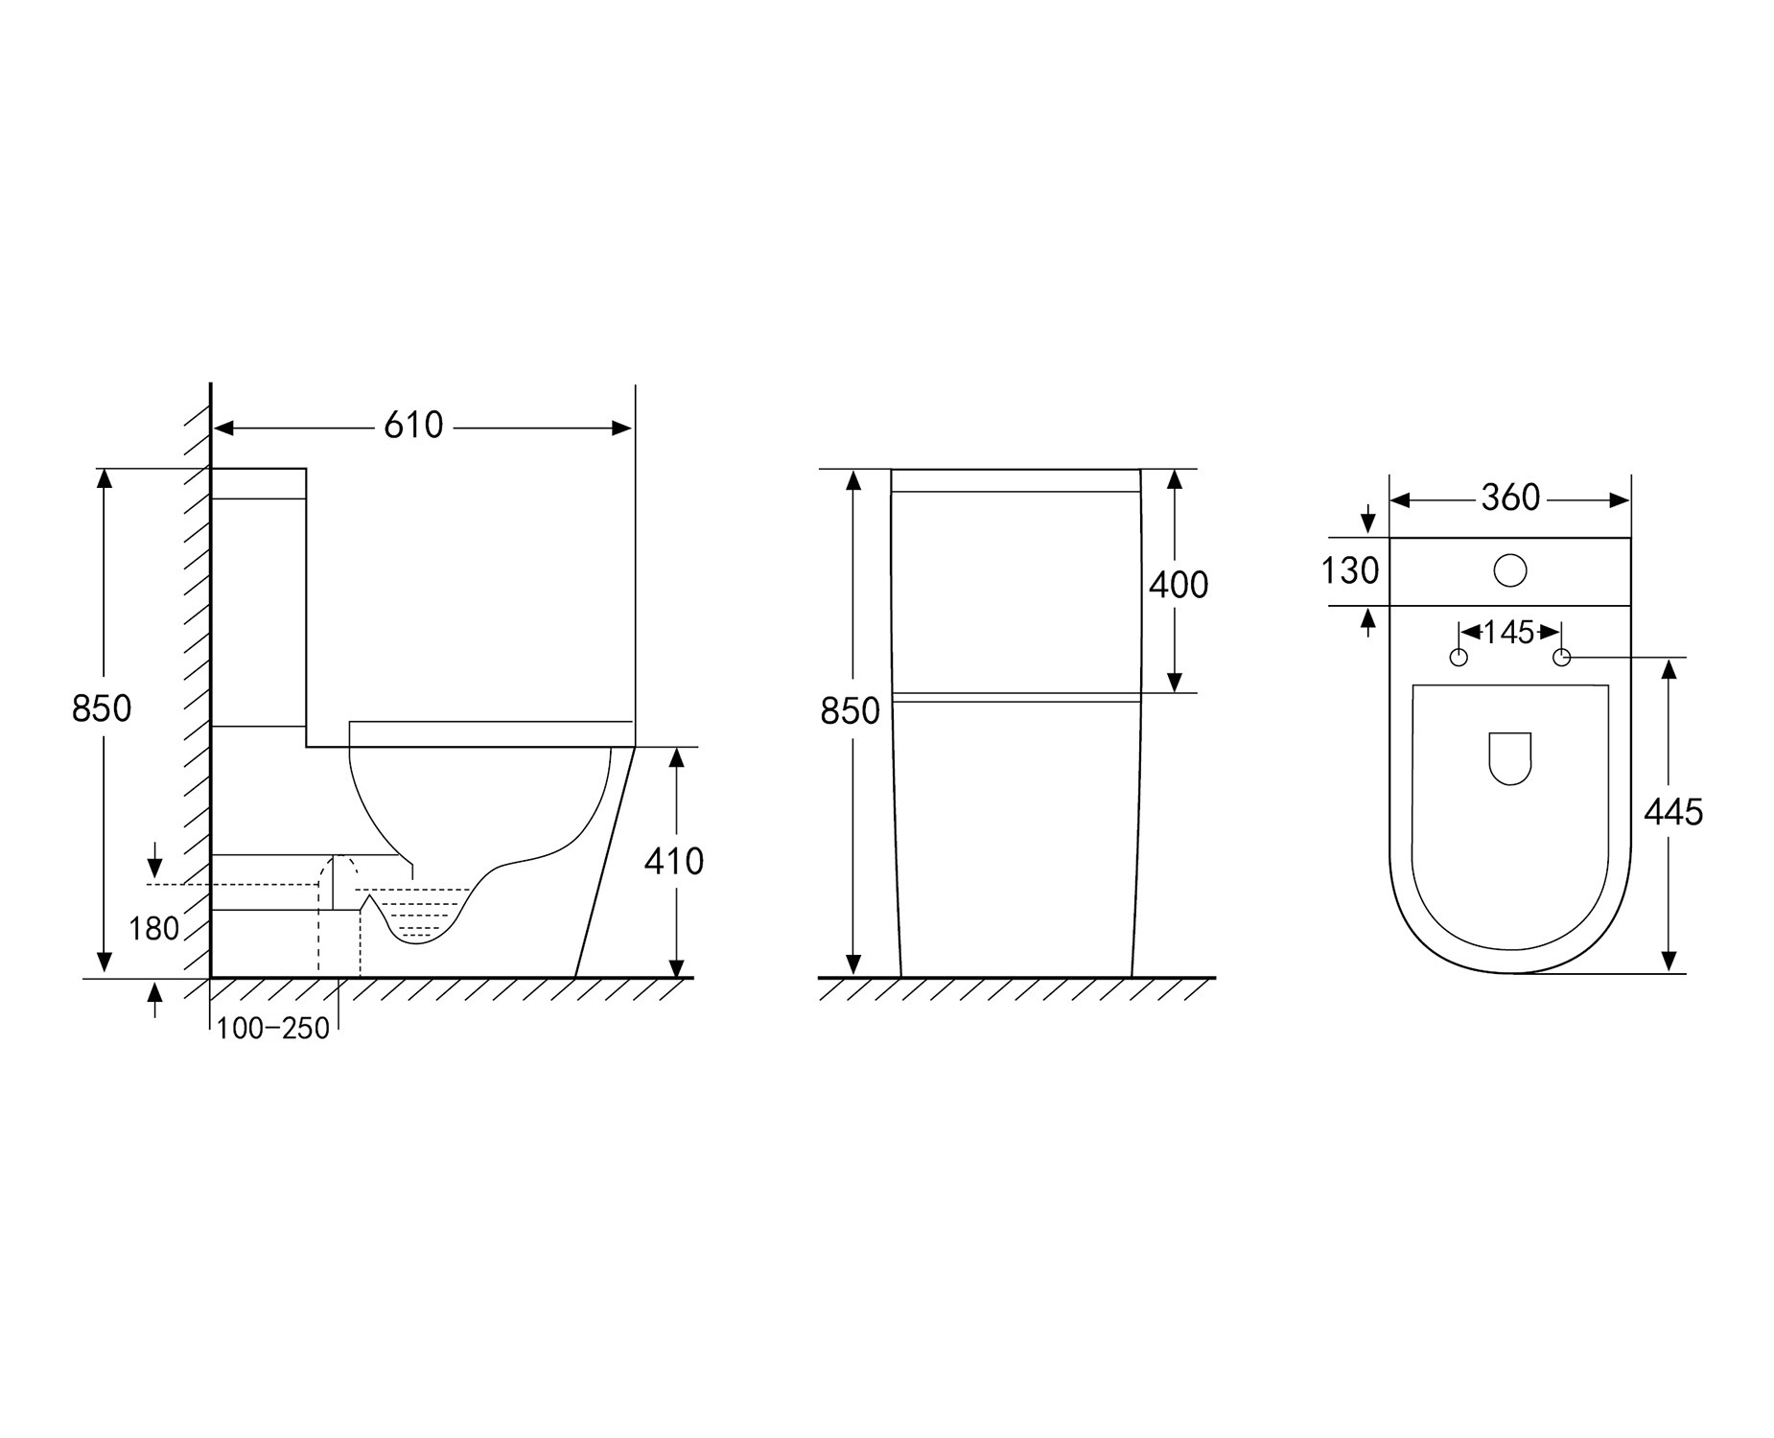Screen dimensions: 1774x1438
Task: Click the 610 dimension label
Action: pos(413,426)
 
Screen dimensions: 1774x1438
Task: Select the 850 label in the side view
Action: pos(102,708)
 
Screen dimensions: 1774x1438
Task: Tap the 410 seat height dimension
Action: pos(674,862)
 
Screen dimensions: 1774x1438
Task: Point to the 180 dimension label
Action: pos(154,928)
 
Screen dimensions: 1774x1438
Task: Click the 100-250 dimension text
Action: pos(273,1029)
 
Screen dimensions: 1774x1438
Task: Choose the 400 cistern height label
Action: pos(1179,585)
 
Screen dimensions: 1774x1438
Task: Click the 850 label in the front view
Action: pos(851,711)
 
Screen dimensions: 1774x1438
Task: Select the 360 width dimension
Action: pos(1510,498)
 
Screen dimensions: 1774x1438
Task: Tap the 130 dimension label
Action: pos(1350,571)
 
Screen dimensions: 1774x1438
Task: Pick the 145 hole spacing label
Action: pos(1509,632)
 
